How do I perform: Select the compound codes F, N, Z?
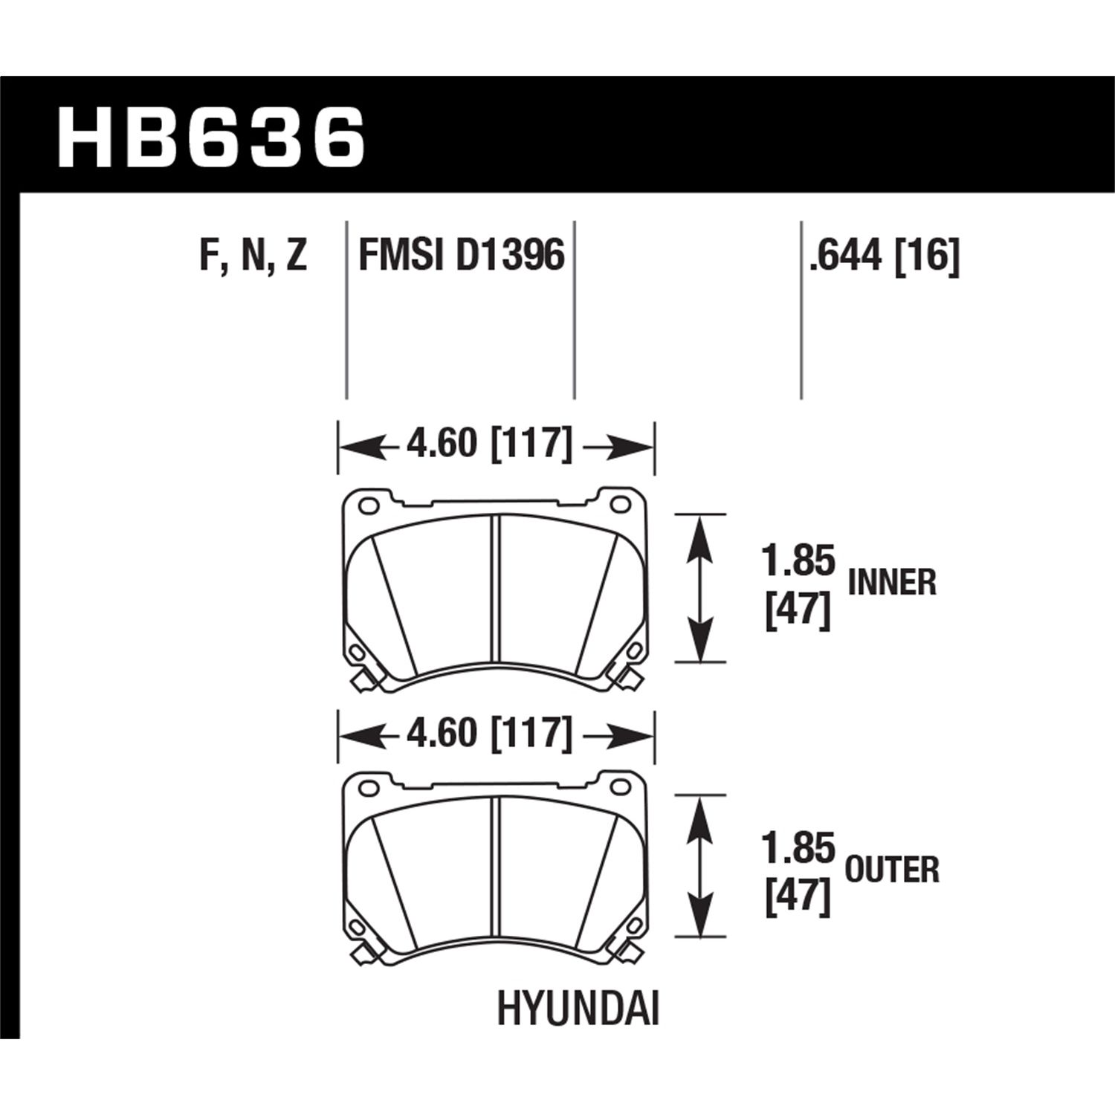coord(253,256)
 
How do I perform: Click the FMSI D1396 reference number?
coord(462,256)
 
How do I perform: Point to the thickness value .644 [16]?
coord(885,256)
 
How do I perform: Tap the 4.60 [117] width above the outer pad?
coord(489,734)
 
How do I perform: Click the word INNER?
coord(892,584)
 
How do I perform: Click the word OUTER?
coord(892,870)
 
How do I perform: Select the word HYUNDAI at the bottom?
coord(578,1012)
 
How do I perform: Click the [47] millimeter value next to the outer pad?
coord(798,900)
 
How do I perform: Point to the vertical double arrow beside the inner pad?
coord(699,587)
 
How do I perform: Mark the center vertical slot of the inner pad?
coord(494,588)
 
